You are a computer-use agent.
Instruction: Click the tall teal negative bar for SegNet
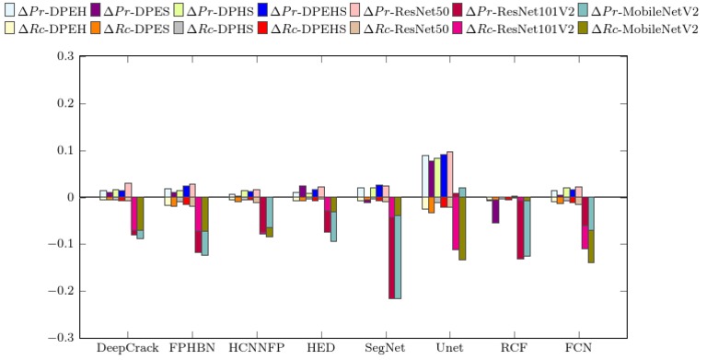point(398,257)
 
